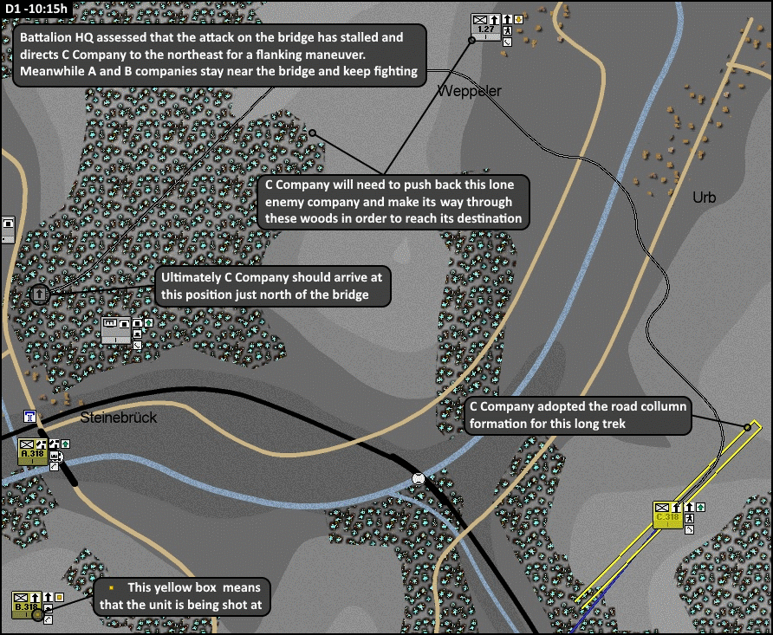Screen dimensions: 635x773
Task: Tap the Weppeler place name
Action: [x=469, y=91]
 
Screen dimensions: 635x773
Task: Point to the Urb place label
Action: [x=704, y=198]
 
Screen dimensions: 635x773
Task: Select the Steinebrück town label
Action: [x=118, y=418]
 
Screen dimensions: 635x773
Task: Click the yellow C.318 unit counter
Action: [x=666, y=515]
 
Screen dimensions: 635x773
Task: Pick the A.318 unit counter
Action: [x=33, y=451]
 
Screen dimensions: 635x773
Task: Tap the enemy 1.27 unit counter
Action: [x=485, y=25]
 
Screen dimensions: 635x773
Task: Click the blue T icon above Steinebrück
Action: [x=31, y=417]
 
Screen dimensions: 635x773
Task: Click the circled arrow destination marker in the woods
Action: [x=39, y=295]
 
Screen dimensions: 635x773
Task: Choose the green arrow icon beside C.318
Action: [x=700, y=507]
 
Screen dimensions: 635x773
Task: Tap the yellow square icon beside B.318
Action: [x=59, y=597]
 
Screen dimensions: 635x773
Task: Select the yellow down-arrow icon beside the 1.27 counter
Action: [x=519, y=18]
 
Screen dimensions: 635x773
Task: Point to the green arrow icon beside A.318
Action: [x=65, y=444]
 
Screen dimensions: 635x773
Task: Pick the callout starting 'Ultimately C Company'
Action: [x=272, y=287]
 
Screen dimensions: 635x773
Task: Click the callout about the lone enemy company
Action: [x=394, y=202]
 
